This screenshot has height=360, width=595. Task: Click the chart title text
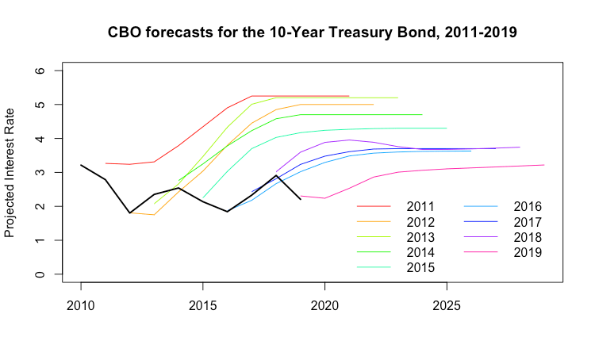click(x=313, y=33)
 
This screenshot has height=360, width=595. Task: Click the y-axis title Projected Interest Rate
click(x=10, y=172)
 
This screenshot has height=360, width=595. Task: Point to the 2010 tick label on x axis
click(x=81, y=304)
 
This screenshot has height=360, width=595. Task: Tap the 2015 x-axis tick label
click(x=202, y=304)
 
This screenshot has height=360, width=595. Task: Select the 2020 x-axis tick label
click(x=324, y=304)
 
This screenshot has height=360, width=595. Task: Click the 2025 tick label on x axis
click(x=447, y=304)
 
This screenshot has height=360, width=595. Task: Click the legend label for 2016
click(x=527, y=206)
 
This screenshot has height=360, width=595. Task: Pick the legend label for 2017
click(x=527, y=221)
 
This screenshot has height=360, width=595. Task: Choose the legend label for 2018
click(x=527, y=236)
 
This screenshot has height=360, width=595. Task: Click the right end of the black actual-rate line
click(x=300, y=199)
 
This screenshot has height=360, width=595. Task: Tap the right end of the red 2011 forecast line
click(x=349, y=96)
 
